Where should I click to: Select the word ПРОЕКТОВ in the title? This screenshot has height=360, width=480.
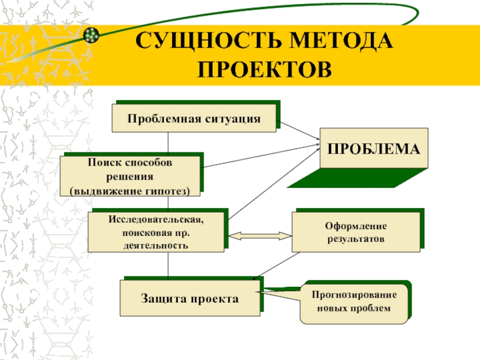coord(265,69)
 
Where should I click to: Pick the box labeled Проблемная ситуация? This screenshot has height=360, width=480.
coord(194,118)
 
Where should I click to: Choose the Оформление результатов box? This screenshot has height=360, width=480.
coord(356,232)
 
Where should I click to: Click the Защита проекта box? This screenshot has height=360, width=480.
coord(190,298)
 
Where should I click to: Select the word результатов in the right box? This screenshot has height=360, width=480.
coord(356,239)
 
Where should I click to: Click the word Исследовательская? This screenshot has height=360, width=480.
coord(157,220)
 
